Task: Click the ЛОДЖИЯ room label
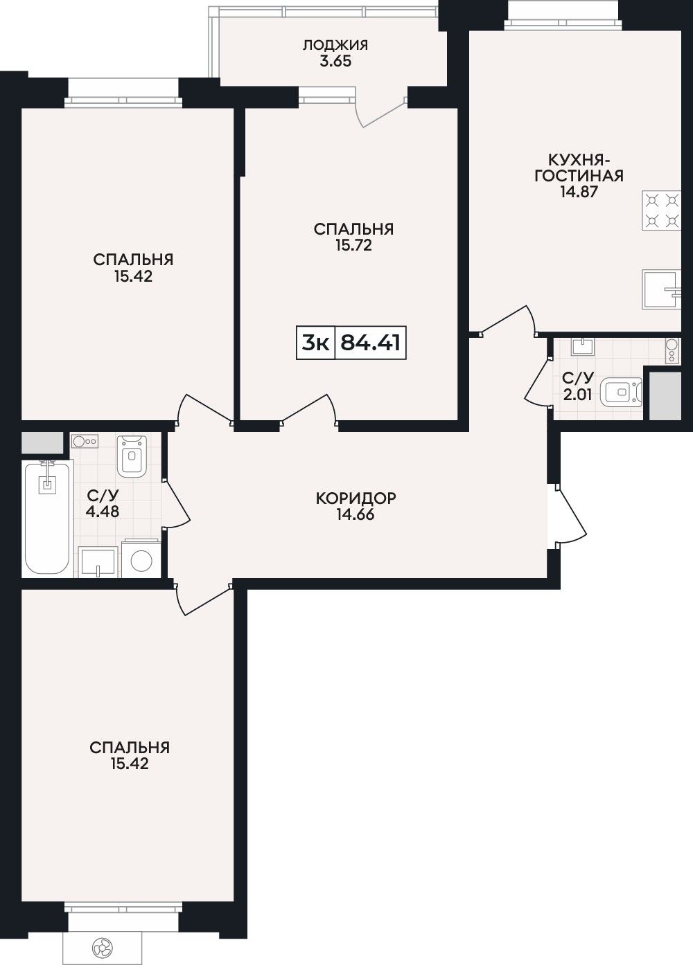[x=335, y=45]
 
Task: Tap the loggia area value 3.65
[x=335, y=61]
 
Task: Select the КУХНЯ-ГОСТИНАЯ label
[x=579, y=168]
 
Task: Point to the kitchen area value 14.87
[x=579, y=192]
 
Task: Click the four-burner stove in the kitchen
[x=662, y=210]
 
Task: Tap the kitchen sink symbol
[x=662, y=289]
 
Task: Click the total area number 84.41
[x=371, y=343]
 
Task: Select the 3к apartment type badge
[x=316, y=343]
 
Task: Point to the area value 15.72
[x=353, y=245]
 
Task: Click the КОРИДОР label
[x=356, y=498]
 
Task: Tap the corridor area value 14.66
[x=356, y=514]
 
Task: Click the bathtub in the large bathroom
[x=47, y=517]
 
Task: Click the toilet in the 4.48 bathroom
[x=132, y=456]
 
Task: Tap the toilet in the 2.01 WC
[x=621, y=392]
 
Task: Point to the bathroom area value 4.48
[x=103, y=512]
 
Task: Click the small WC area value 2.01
[x=577, y=394]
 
